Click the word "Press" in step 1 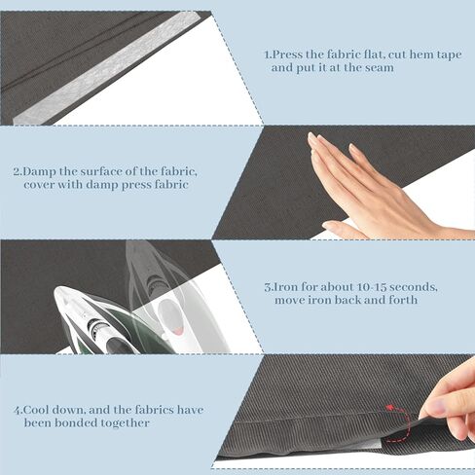(x=287, y=55)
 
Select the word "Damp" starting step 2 (x=40, y=171)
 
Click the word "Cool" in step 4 (x=36, y=410)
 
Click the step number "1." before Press (x=268, y=55)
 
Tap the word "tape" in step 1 (x=449, y=55)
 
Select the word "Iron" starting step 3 (x=285, y=287)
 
